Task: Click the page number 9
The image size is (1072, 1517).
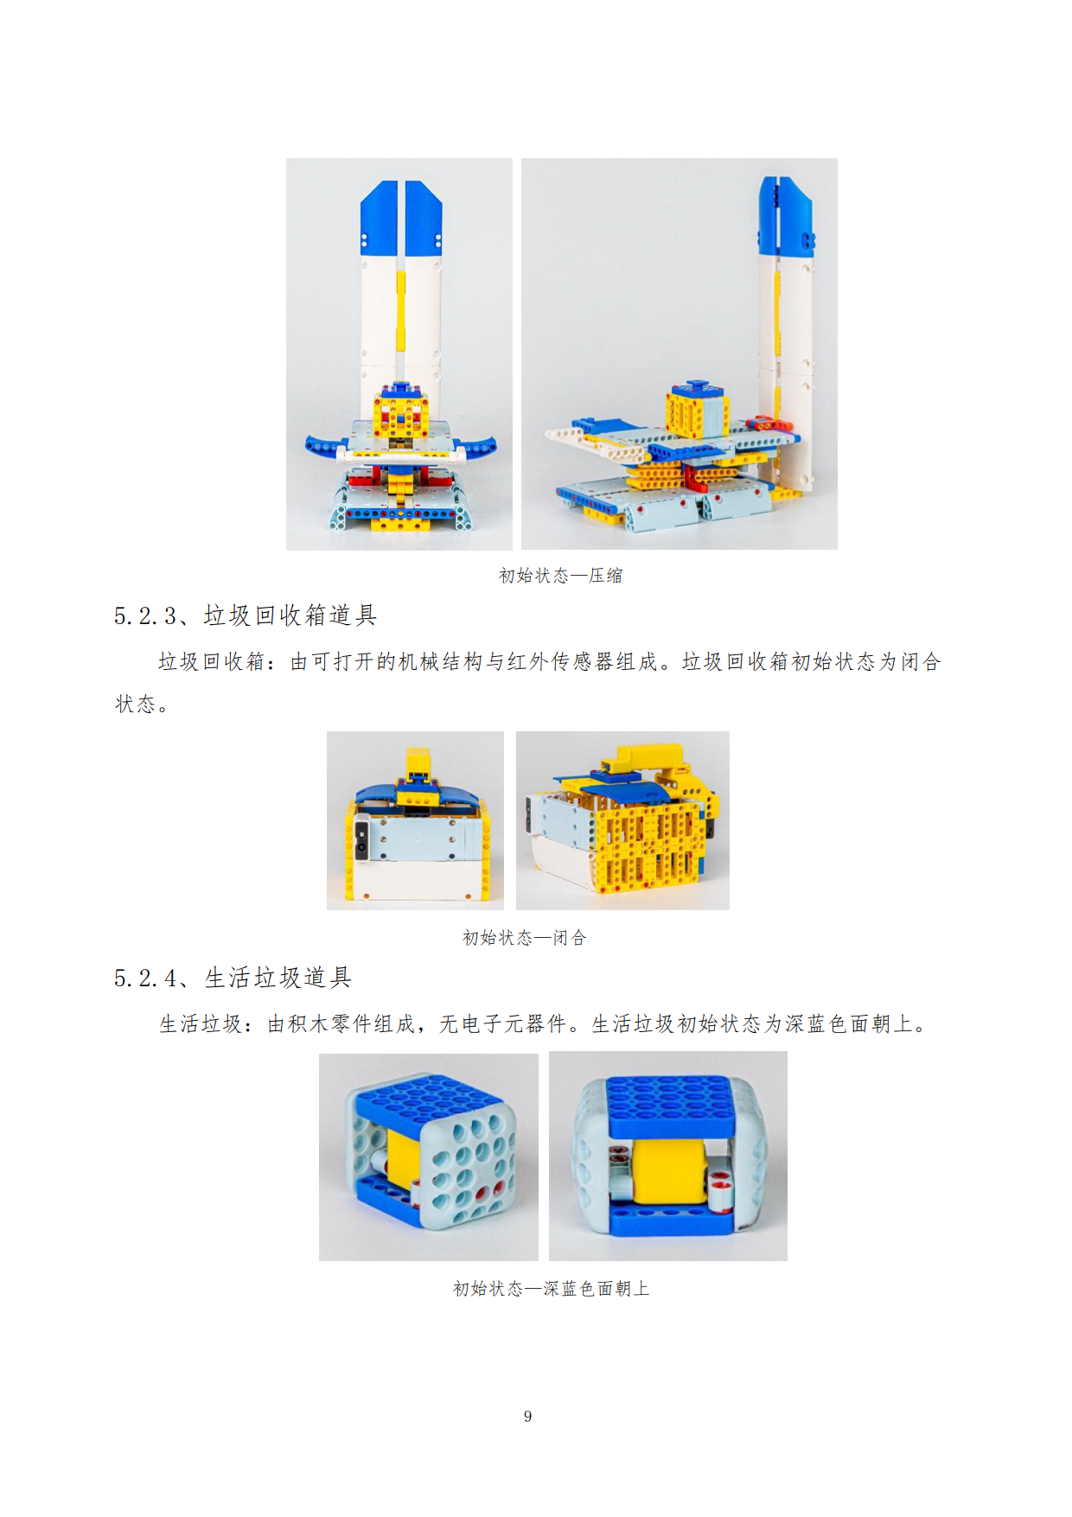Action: click(x=527, y=1416)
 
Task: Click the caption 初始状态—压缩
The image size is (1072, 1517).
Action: click(x=560, y=576)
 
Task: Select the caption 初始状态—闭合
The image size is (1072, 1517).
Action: click(x=524, y=938)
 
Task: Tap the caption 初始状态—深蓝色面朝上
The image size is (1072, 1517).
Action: click(x=551, y=1289)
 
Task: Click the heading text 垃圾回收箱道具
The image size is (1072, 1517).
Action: click(x=290, y=615)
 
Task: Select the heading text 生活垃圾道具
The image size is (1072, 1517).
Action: click(x=278, y=978)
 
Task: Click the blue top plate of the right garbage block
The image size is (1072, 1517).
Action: click(x=668, y=1106)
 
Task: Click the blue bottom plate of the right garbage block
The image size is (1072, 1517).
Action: click(x=671, y=1221)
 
